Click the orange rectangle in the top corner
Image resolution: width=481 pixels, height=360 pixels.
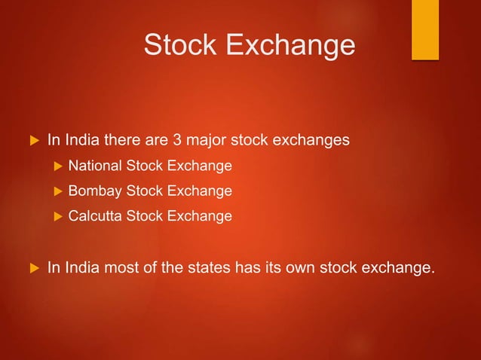[x=424, y=29]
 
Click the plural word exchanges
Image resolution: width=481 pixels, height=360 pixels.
[x=308, y=140]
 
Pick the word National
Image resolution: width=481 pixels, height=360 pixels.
[x=93, y=166]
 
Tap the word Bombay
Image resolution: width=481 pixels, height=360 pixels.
[x=93, y=191]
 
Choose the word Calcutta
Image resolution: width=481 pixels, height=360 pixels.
[x=93, y=217]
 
